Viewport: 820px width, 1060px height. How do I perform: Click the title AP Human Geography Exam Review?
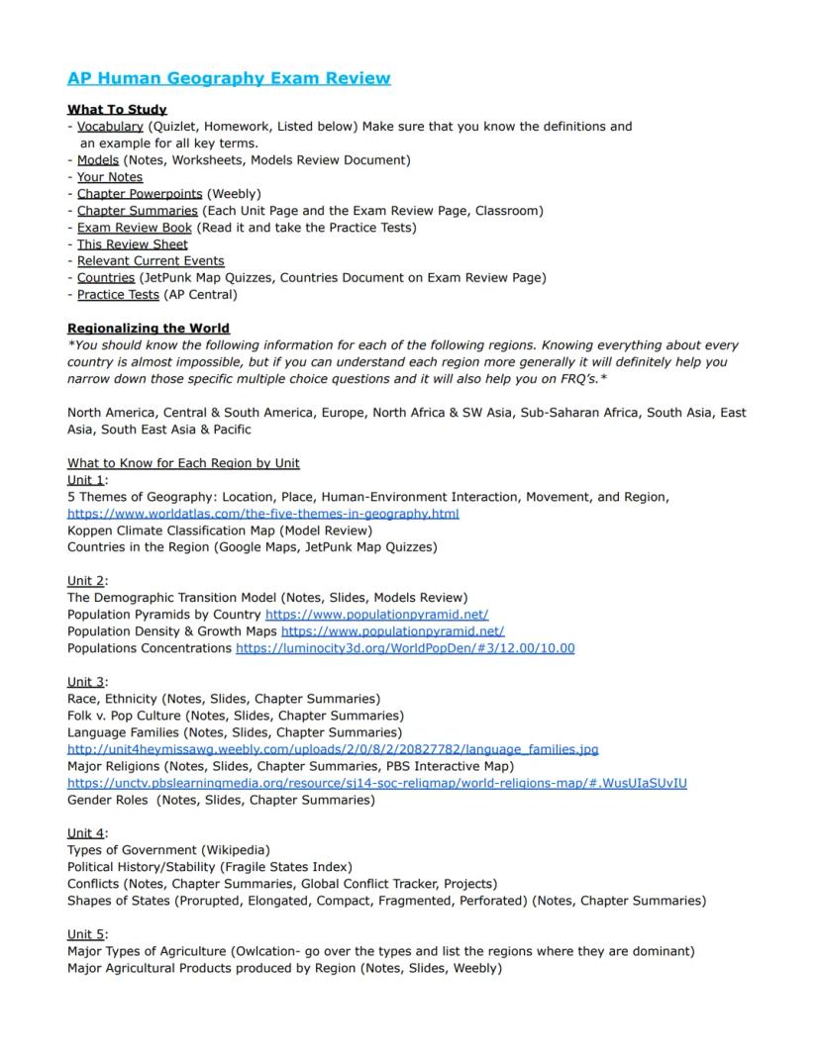pyautogui.click(x=229, y=78)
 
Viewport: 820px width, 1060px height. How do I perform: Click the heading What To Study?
pyautogui.click(x=117, y=109)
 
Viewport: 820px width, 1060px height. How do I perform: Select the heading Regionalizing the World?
pyautogui.click(x=148, y=328)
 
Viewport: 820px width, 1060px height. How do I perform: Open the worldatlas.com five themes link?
pyautogui.click(x=262, y=514)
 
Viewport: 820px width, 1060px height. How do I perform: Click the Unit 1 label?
pyautogui.click(x=85, y=479)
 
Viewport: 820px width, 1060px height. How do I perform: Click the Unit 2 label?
pyautogui.click(x=85, y=580)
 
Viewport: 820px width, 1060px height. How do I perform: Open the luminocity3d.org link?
pyautogui.click(x=405, y=648)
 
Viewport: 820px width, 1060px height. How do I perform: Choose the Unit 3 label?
pyautogui.click(x=85, y=681)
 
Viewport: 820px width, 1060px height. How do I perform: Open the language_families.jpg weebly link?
pyautogui.click(x=333, y=749)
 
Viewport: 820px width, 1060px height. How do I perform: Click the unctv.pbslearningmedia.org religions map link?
pyautogui.click(x=376, y=783)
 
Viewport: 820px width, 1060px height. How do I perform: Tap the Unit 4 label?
pyautogui.click(x=85, y=832)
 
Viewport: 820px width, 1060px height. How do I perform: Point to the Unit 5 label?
pyautogui.click(x=85, y=933)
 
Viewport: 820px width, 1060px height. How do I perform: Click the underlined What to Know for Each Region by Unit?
pyautogui.click(x=183, y=462)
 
